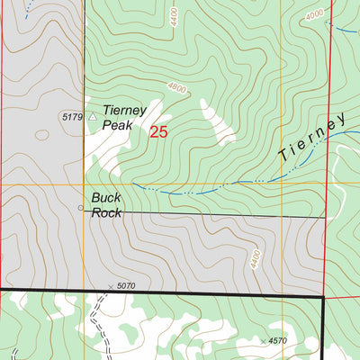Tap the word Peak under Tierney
(x=117, y=125)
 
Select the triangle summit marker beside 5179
(x=91, y=116)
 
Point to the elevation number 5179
(x=72, y=117)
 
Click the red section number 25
(x=158, y=131)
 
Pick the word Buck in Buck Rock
(x=104, y=197)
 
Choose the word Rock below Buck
(x=105, y=212)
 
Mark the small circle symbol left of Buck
(x=81, y=207)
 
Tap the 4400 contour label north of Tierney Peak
(x=173, y=17)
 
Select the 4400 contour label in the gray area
(x=255, y=261)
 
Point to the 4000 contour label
(x=314, y=15)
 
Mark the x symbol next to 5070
(x=112, y=287)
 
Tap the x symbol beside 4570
(x=263, y=341)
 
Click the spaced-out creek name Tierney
(x=311, y=139)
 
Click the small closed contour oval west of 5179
(x=40, y=135)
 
